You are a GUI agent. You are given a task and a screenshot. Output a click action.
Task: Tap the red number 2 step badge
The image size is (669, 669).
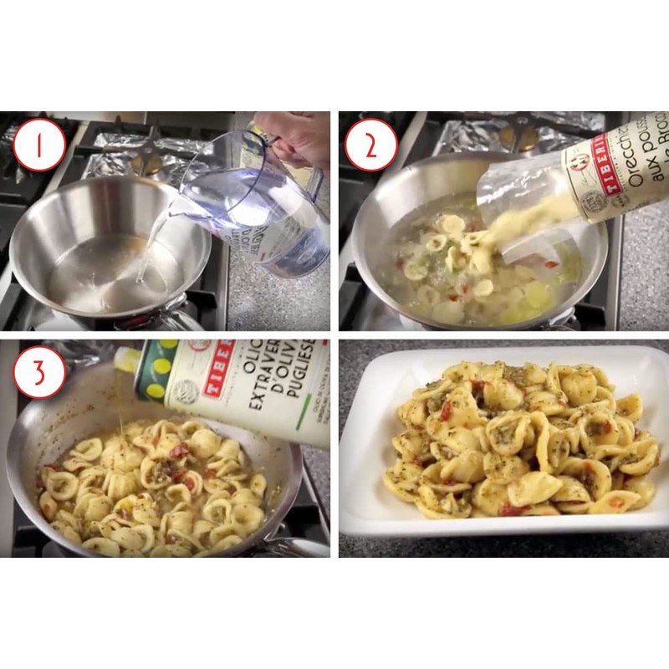click(369, 145)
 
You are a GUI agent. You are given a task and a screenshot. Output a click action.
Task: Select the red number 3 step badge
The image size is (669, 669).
click(36, 373)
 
